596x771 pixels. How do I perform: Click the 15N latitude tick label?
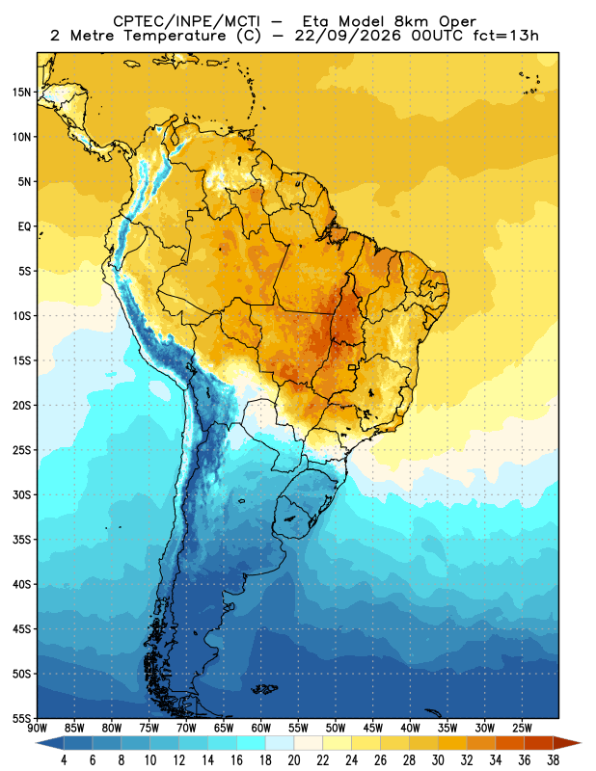tap(21, 93)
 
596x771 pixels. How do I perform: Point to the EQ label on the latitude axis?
tap(24, 226)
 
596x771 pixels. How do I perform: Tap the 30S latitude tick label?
tap(21, 495)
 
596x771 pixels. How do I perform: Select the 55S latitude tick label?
tap(21, 719)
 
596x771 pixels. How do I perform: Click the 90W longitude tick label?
tap(37, 728)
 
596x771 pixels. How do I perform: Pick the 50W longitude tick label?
tap(336, 728)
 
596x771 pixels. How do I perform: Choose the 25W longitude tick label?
tap(522, 728)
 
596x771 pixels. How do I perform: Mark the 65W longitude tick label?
tap(224, 728)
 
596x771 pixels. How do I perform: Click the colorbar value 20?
tap(294, 760)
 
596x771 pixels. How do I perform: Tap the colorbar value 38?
tap(553, 760)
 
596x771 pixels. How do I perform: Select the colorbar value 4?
tap(64, 760)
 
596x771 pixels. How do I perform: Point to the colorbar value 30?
tap(438, 760)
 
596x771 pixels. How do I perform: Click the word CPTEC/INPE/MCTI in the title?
tap(186, 21)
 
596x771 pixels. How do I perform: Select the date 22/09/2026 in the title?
tap(347, 36)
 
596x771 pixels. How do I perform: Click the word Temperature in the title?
tap(175, 36)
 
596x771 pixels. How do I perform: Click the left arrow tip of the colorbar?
tap(37, 743)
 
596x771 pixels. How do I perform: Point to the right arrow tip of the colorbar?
tap(581, 743)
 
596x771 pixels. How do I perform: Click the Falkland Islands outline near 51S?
tap(265, 689)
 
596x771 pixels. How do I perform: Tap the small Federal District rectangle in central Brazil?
tap(352, 367)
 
